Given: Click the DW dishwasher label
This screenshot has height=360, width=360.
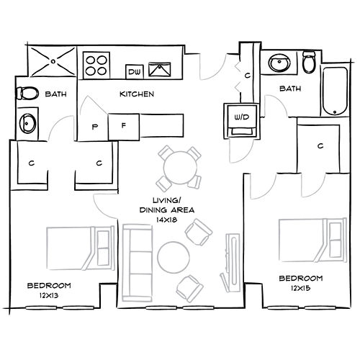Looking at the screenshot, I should pyautogui.click(x=134, y=71).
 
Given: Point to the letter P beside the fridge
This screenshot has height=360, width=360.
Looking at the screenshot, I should pyautogui.click(x=95, y=127).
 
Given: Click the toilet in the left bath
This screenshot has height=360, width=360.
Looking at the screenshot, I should pyautogui.click(x=28, y=94).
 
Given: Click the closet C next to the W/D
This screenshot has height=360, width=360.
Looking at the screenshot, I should pyautogui.click(x=247, y=75).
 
